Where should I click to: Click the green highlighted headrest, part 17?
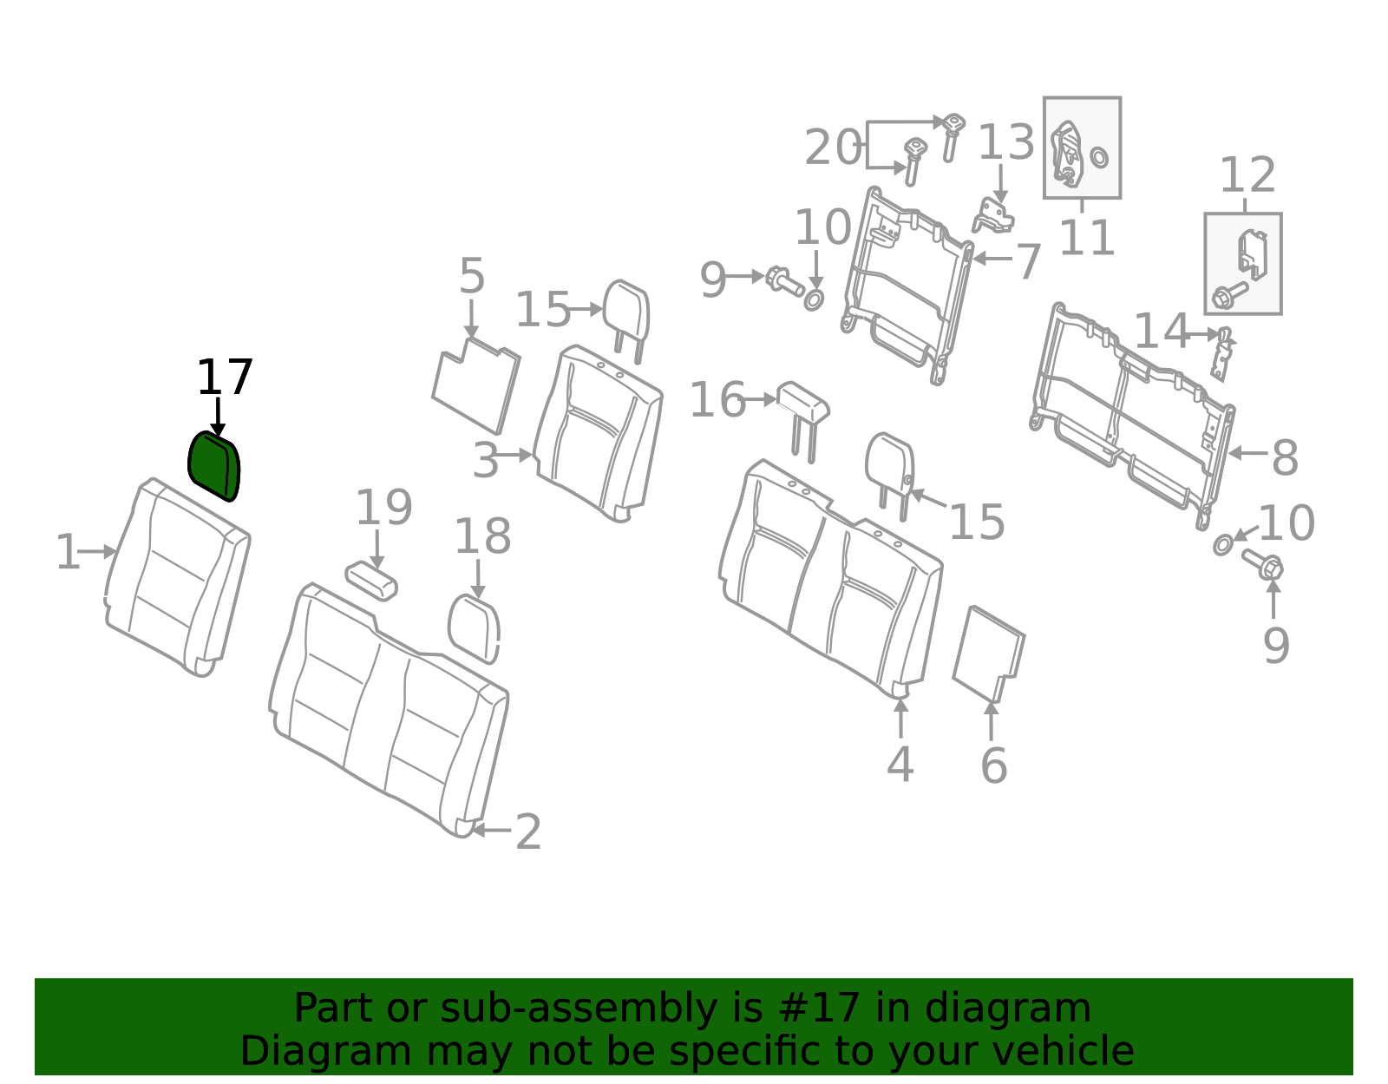pyautogui.click(x=213, y=466)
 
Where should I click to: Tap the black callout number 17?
pyautogui.click(x=224, y=378)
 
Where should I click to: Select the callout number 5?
pyautogui.click(x=472, y=276)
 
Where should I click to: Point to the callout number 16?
pyautogui.click(x=717, y=399)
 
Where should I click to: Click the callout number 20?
pyautogui.click(x=832, y=148)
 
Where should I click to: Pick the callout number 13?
pyautogui.click(x=1006, y=141)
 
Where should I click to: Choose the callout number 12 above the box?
pyautogui.click(x=1247, y=174)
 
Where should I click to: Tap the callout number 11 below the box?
pyautogui.click(x=1086, y=237)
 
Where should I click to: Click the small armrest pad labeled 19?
pyautogui.click(x=371, y=581)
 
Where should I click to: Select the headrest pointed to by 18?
pyautogui.click(x=474, y=629)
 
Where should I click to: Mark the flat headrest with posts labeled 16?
pyautogui.click(x=803, y=421)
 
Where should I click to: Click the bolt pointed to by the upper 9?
pyautogui.click(x=784, y=280)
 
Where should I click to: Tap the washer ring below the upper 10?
pyautogui.click(x=813, y=299)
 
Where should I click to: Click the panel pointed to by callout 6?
pyautogui.click(x=989, y=654)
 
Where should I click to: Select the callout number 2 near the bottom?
pyautogui.click(x=528, y=831)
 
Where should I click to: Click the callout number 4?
pyautogui.click(x=900, y=764)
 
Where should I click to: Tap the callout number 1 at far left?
pyautogui.click(x=69, y=551)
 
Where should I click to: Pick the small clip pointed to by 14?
pyautogui.click(x=1222, y=354)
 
